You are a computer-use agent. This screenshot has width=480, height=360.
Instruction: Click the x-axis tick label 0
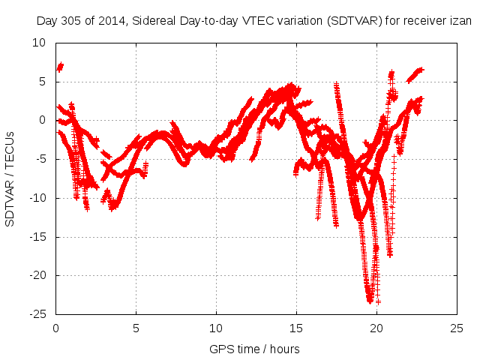tap(56, 328)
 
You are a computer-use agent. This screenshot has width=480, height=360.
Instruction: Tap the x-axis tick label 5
tap(136, 328)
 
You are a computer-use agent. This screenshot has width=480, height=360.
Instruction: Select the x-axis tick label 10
tap(216, 328)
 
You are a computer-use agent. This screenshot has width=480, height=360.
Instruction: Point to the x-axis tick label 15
tap(296, 328)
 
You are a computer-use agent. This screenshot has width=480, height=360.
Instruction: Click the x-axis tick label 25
tap(456, 328)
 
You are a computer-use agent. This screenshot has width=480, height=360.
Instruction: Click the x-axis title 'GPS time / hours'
tap(256, 349)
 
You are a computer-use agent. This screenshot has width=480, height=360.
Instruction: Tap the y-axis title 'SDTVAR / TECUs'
tap(10, 178)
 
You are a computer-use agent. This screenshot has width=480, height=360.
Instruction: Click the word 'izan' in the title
tap(461, 21)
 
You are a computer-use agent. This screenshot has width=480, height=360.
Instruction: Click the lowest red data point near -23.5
tap(378, 301)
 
